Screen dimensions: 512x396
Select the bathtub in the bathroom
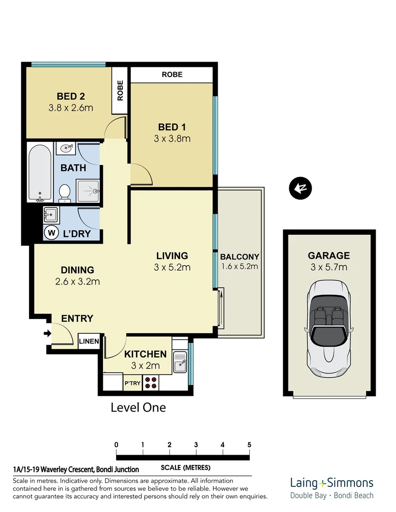40,173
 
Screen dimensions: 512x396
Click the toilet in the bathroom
65,192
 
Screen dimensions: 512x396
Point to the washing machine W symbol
51,233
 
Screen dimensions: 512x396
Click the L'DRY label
77,234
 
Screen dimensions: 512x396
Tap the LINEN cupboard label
89,341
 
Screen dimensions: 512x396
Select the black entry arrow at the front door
47,334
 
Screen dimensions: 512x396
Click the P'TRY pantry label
132,383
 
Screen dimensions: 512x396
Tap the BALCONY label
239,257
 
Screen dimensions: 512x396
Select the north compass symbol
299,189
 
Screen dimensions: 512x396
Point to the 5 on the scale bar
249,445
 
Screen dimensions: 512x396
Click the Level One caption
138,407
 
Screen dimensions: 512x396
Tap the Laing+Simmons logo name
332,483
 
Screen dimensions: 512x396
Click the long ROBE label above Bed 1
172,74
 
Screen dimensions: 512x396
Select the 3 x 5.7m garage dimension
329,267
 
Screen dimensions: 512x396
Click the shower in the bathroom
88,191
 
